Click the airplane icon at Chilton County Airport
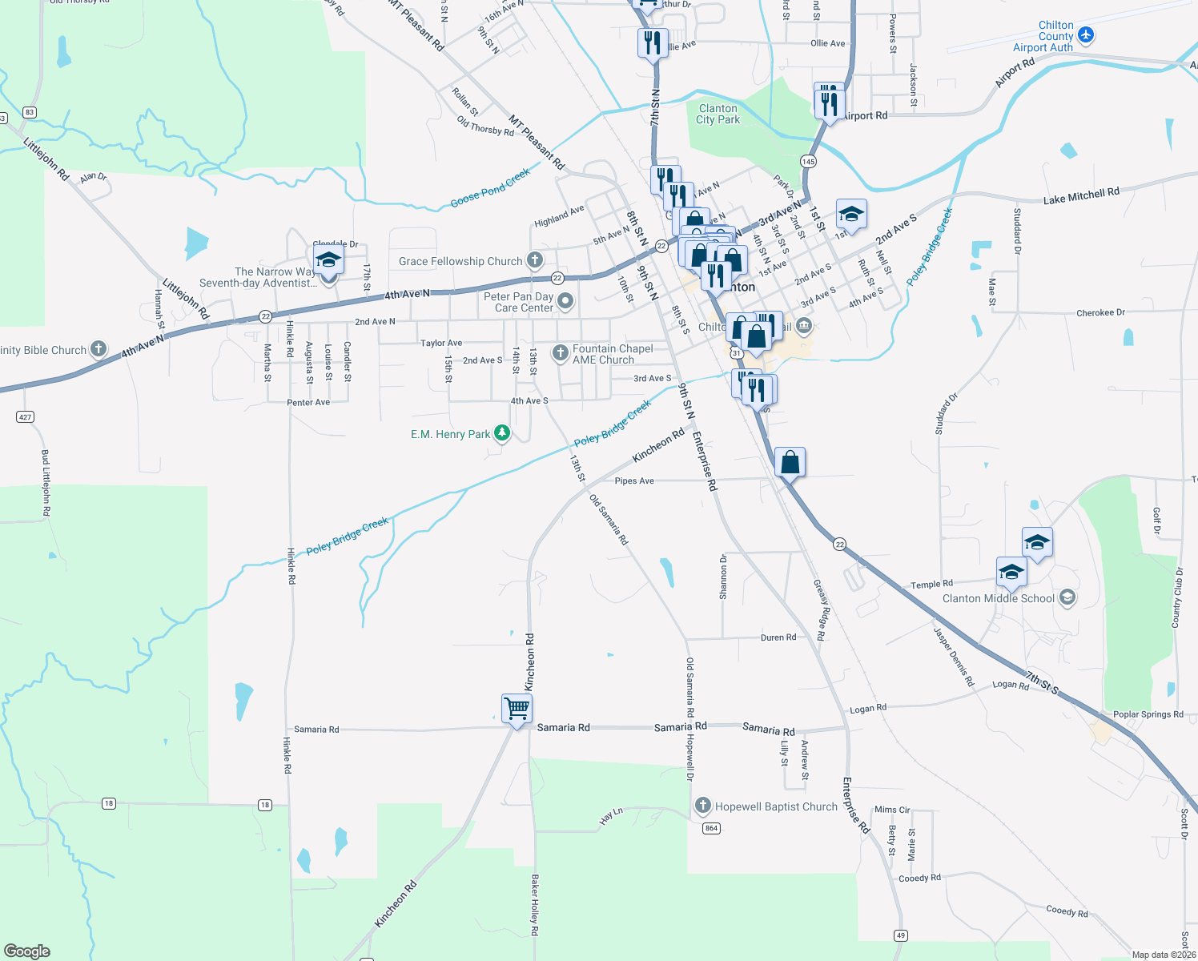coord(1086,34)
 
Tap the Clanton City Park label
coord(718,114)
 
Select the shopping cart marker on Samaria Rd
coord(517,708)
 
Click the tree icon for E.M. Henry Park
coord(502,433)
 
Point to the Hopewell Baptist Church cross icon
coord(703,806)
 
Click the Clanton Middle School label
coord(998,598)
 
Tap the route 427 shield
coord(25,417)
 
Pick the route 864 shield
coord(711,828)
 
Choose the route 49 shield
coord(901,935)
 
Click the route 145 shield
coord(808,162)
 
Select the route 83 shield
coord(30,112)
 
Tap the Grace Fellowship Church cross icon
coord(535,260)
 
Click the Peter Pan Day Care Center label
coord(519,302)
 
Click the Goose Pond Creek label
coord(490,188)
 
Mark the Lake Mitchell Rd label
coord(1080,195)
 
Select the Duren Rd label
coord(778,637)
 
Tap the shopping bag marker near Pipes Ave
coord(790,462)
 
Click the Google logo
coord(27,951)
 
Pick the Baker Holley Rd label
coord(534,905)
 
